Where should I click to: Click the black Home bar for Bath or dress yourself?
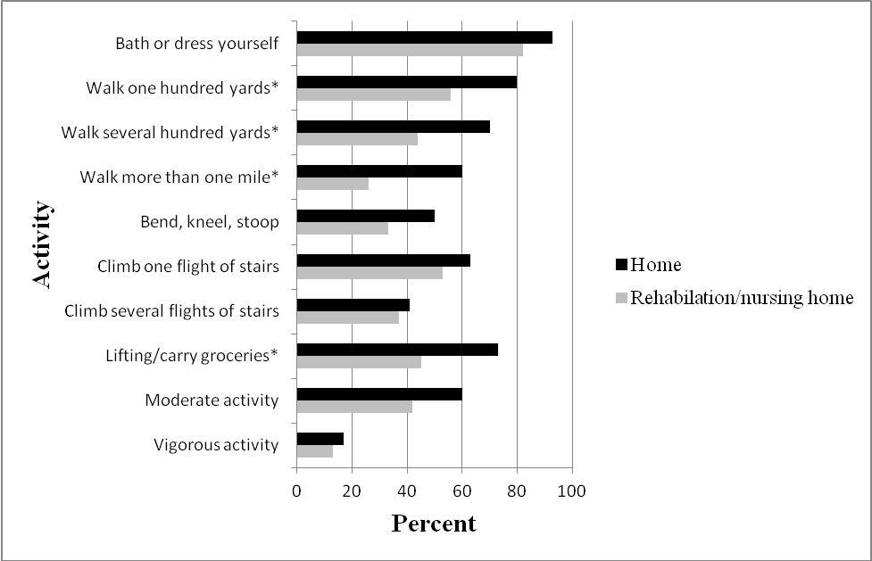[x=424, y=37]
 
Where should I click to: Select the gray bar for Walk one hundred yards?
[x=373, y=95]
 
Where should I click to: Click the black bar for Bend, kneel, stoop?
[x=365, y=216]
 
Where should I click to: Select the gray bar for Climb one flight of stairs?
[x=369, y=273]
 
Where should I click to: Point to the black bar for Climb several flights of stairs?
[x=353, y=305]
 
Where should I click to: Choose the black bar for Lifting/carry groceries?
[x=396, y=350]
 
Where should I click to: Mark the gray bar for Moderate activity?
[x=353, y=407]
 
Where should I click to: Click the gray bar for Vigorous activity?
[x=314, y=451]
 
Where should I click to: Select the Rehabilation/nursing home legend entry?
[x=742, y=298]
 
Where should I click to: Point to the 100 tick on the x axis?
[x=571, y=491]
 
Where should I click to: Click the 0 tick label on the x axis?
[x=296, y=491]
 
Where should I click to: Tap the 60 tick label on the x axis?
[x=461, y=491]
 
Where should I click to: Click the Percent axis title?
[x=434, y=524]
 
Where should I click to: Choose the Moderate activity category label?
[x=212, y=400]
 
